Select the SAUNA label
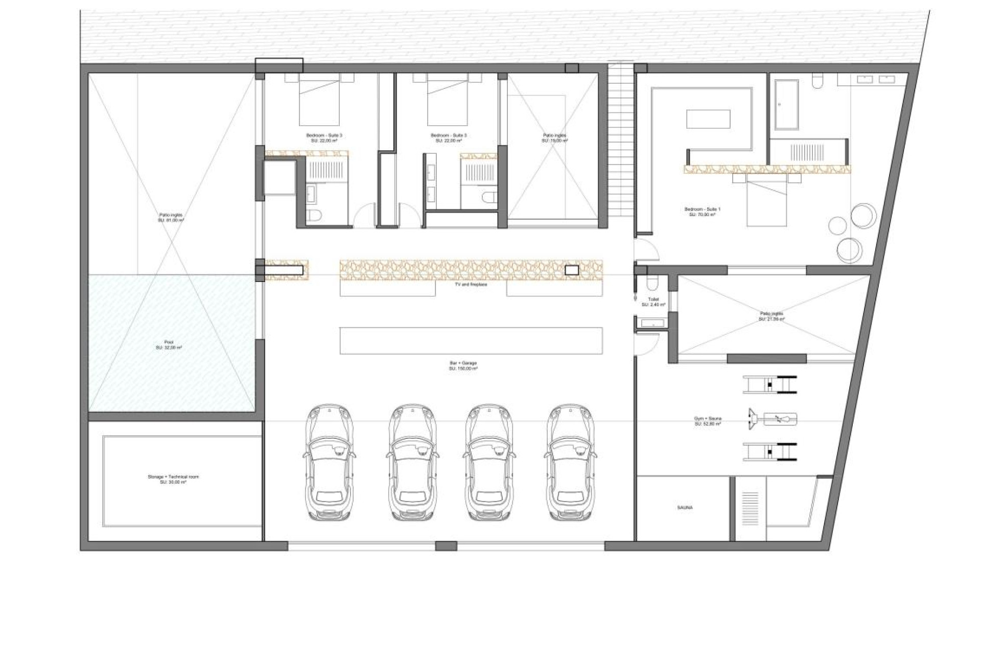[685, 507]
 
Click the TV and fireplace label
[471, 285]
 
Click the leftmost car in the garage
[329, 462]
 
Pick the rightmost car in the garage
[570, 462]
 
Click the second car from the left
[412, 462]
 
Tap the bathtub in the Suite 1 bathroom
[786, 104]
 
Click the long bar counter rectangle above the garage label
[471, 340]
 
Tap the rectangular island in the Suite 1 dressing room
[708, 119]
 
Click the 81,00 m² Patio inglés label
[171, 218]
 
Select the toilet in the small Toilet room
[652, 283]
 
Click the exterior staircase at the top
[620, 138]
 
